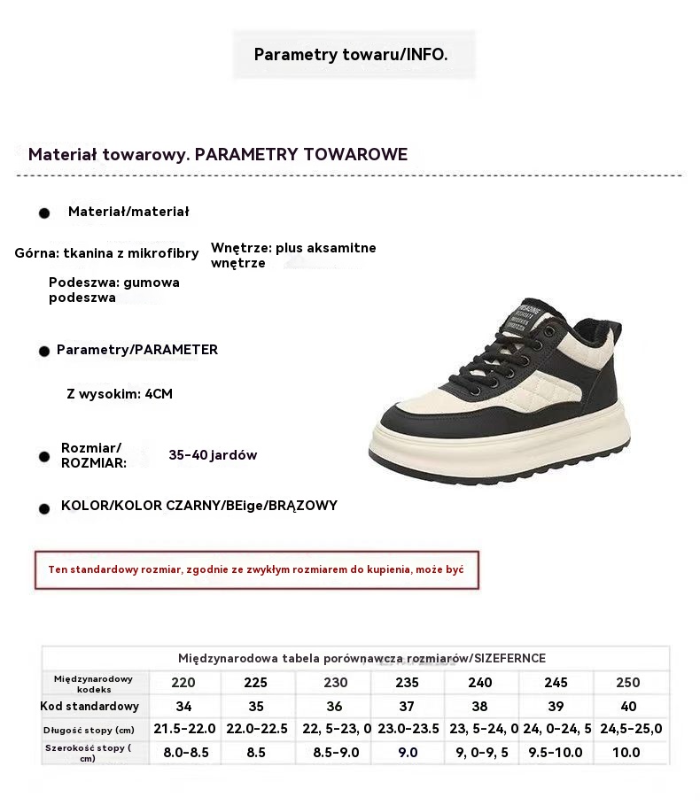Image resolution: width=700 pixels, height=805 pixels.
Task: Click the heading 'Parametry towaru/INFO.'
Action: coord(351,55)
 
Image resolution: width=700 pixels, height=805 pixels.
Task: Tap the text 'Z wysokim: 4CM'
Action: coord(120,394)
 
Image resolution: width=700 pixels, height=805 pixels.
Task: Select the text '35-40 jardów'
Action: coord(213,455)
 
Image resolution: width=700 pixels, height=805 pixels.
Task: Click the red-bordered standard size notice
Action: coord(257,569)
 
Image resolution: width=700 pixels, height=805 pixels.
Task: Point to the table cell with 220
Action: coord(183,683)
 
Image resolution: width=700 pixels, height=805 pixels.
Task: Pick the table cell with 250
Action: coord(627,683)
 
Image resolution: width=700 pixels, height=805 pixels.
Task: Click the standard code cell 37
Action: coord(407,707)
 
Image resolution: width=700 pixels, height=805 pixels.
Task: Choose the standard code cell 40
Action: coord(628,707)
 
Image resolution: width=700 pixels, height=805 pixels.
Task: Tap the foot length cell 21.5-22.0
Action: coord(184,729)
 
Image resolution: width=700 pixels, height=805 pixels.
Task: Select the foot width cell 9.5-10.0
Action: coord(556,752)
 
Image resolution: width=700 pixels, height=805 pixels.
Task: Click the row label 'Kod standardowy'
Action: coord(90,707)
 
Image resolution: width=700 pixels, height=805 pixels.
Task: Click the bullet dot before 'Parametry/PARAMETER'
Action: coord(43,352)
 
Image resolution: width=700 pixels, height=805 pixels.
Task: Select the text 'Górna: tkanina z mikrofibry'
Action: coord(106,253)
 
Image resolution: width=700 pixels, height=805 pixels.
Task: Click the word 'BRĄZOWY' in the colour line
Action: coord(303,506)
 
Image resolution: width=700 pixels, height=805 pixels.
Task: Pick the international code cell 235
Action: coord(407,683)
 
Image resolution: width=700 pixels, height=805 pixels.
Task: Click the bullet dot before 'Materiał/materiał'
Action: coord(43,213)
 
